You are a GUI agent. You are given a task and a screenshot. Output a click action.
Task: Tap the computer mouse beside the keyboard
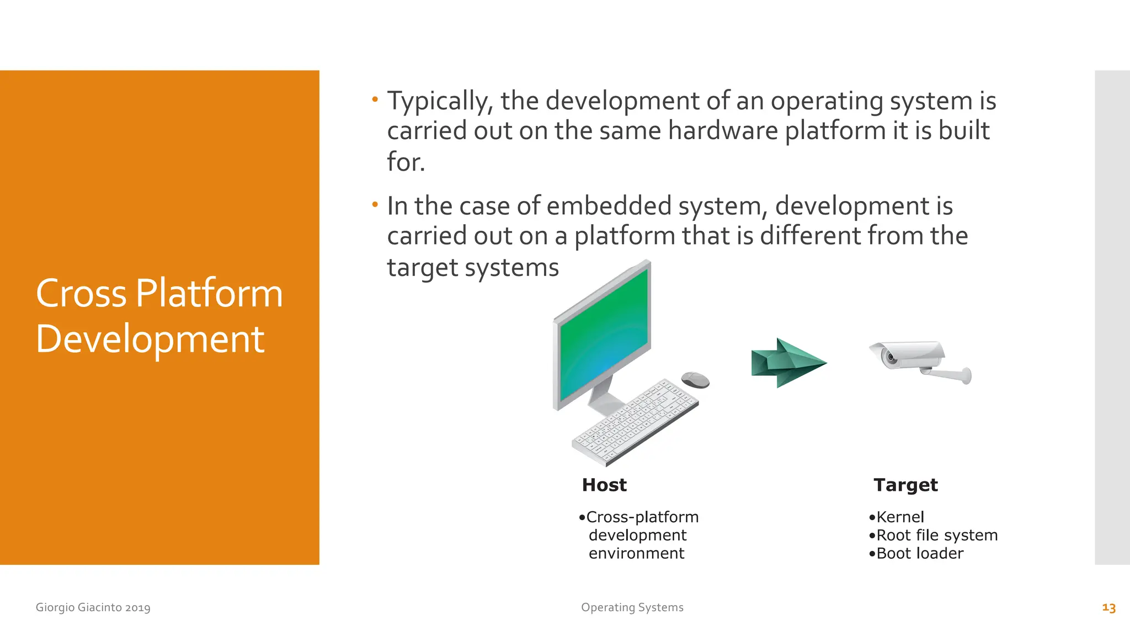point(695,380)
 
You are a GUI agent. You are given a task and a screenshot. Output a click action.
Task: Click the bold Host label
point(604,485)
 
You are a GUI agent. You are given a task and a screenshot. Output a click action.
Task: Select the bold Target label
point(905,485)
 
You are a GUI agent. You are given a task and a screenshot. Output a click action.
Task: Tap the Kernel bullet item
point(899,517)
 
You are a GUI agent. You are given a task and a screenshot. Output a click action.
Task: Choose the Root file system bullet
point(936,536)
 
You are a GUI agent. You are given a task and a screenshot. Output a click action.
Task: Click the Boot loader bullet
point(919,554)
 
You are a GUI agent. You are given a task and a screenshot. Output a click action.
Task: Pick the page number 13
point(1108,608)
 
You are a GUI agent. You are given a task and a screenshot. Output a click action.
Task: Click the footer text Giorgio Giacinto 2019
point(93,608)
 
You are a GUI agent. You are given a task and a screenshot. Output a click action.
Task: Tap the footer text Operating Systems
point(632,608)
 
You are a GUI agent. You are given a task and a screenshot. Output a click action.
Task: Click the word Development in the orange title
point(150,339)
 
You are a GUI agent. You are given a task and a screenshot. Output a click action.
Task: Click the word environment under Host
point(636,554)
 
